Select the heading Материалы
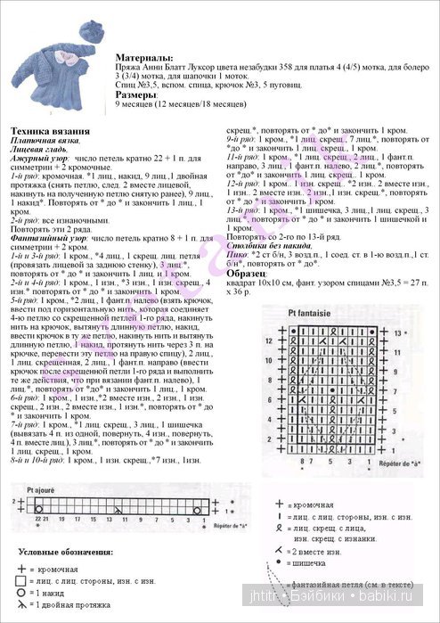pyautogui.click(x=145, y=57)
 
